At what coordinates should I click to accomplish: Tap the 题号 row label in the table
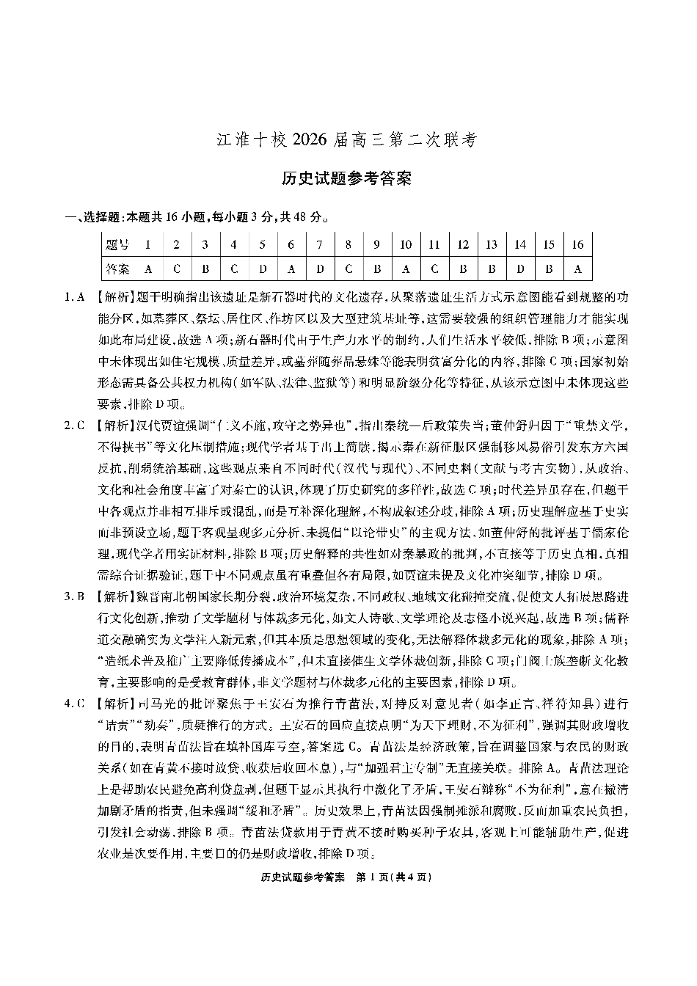tap(117, 244)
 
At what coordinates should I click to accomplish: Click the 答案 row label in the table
tap(117, 269)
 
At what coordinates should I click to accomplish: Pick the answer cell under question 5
tap(263, 269)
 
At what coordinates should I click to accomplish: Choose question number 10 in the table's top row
tap(406, 244)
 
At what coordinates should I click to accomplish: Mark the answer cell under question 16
tap(577, 269)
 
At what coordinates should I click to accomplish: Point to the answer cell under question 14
tap(520, 269)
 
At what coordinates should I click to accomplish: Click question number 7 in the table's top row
tap(320, 244)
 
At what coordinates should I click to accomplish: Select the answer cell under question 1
tap(148, 269)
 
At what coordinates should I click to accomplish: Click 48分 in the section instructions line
tap(310, 217)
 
